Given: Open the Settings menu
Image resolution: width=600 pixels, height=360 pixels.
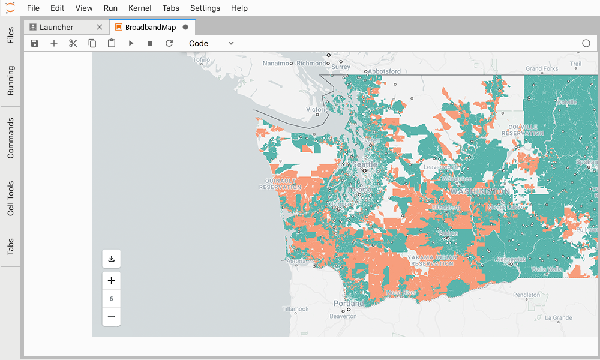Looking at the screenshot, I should click(205, 8).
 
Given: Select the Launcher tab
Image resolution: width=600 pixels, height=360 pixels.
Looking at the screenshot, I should click(56, 27).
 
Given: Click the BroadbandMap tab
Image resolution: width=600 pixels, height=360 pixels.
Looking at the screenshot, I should click(150, 27).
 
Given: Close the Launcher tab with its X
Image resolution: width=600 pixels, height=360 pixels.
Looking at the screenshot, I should click(100, 27).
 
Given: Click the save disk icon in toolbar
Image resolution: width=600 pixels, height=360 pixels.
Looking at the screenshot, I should click(35, 43).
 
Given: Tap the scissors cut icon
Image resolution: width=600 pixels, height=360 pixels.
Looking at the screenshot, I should click(73, 43).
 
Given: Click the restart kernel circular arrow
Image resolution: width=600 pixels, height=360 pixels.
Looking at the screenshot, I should click(169, 43).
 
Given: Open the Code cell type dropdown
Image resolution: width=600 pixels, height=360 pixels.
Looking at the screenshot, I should click(211, 43).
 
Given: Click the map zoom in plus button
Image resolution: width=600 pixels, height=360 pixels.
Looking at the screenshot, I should click(111, 280).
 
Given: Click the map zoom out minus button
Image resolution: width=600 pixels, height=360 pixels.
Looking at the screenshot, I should click(111, 317).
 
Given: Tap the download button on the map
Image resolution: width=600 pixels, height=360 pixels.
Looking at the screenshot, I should click(111, 259).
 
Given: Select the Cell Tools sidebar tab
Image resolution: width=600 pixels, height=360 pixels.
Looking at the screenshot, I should click(11, 198).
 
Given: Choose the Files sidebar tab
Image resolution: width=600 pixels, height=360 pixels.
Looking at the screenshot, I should click(11, 35).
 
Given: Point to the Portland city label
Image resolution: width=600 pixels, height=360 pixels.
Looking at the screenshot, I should click(349, 304).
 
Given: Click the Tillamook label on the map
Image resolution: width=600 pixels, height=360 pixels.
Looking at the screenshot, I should click(295, 309).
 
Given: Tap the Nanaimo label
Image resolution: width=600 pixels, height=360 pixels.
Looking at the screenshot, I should click(275, 63).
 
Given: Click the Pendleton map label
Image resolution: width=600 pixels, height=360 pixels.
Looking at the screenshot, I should click(526, 295).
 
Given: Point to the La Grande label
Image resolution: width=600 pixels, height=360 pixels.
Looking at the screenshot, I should click(557, 318).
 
